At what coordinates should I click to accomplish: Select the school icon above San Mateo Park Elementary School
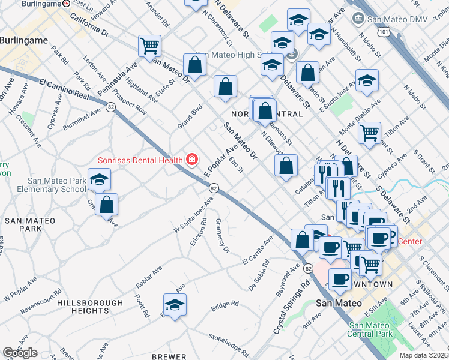tap(99, 178)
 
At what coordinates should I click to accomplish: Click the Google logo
tap(20, 353)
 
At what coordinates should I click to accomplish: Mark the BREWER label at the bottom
tap(169, 356)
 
